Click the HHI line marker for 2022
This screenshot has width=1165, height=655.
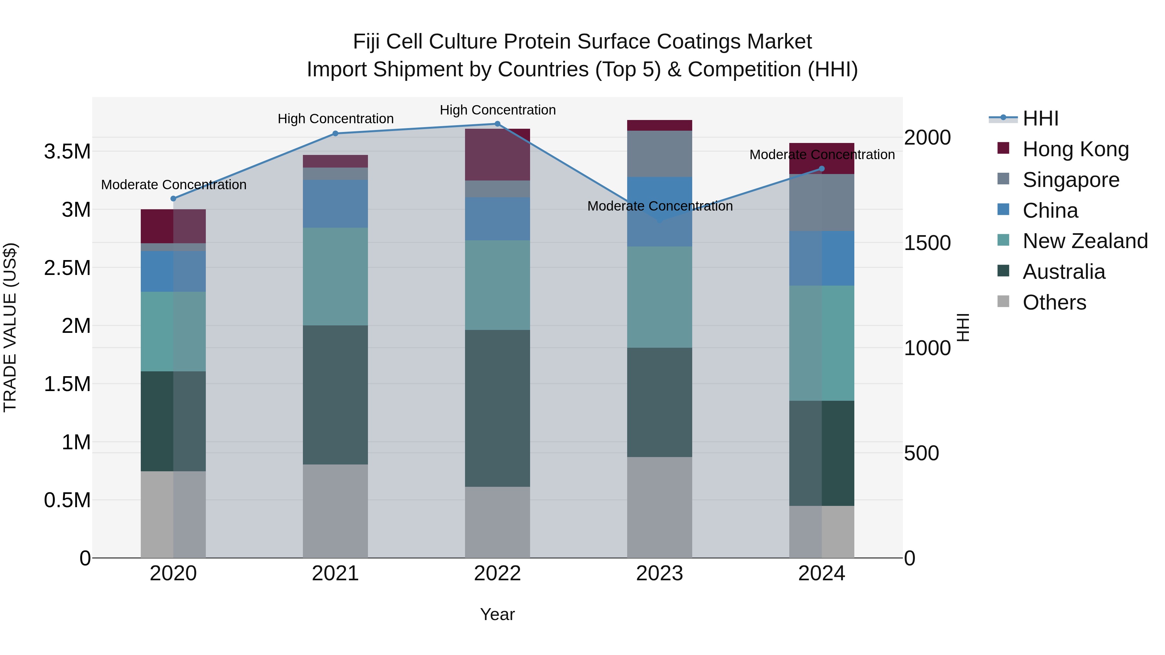497,124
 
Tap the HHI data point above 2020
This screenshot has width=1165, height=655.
173,199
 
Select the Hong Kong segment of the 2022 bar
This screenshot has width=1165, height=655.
497,155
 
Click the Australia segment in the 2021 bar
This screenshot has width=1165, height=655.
335,395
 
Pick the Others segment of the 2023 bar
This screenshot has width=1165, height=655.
660,507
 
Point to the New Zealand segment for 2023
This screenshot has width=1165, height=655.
660,297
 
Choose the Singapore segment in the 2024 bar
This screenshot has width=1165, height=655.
821,202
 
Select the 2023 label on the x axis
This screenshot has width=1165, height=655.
660,573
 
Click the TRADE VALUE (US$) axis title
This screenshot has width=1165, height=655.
10,327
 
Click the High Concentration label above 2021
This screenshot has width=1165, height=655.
336,119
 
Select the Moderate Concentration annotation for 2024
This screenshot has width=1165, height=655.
822,155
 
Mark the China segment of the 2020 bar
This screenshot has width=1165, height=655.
173,271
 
